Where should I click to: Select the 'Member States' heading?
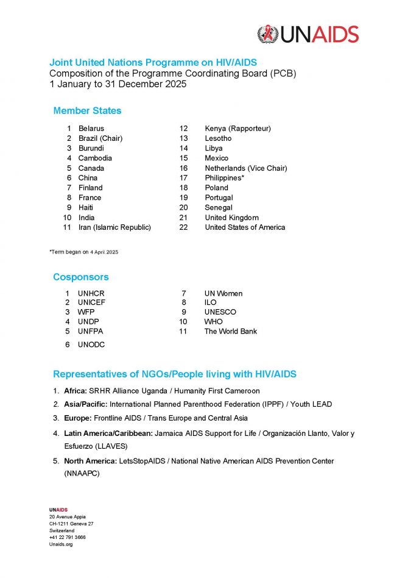pos(87,111)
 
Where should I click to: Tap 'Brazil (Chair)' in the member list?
pos(100,138)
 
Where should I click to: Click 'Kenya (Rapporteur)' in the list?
pos(237,129)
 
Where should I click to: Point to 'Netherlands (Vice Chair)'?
pos(245,168)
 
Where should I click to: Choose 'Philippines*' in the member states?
pos(225,178)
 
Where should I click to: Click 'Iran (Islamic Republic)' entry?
pos(114,227)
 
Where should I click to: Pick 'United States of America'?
pos(245,227)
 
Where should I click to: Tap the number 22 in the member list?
pos(183,227)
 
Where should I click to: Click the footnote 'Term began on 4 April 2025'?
pos(83,252)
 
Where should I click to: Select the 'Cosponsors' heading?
pos(81,277)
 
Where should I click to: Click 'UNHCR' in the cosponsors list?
pos(91,293)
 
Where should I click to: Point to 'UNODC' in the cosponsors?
pos(92,344)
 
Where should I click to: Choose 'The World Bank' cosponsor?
pos(231,332)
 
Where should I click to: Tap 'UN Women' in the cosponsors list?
pos(223,293)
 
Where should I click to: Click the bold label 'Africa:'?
pos(76,391)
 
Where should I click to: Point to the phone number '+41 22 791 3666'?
pos(68,537)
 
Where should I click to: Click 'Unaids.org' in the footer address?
pos(61,544)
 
